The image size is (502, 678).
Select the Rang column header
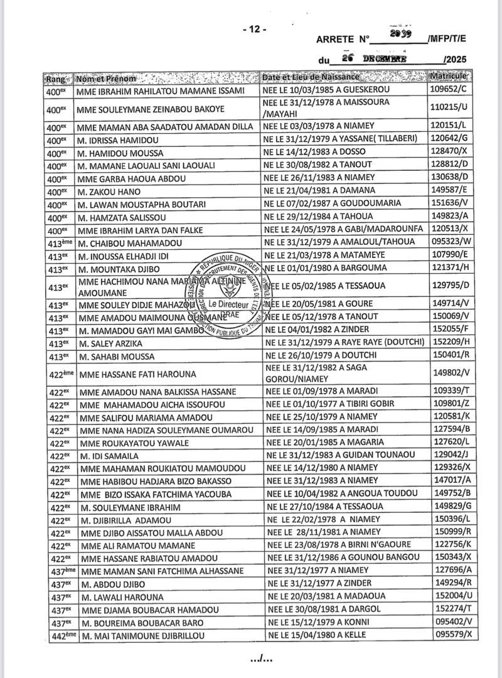click(x=56, y=79)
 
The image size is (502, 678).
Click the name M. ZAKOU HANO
click(x=109, y=191)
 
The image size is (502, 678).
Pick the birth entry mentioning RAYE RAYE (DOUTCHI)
click(x=344, y=343)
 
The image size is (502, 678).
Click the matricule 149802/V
click(x=451, y=373)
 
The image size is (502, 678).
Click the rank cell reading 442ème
click(x=62, y=636)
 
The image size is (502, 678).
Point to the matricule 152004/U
click(x=452, y=596)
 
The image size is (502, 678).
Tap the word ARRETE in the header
click(x=336, y=39)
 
